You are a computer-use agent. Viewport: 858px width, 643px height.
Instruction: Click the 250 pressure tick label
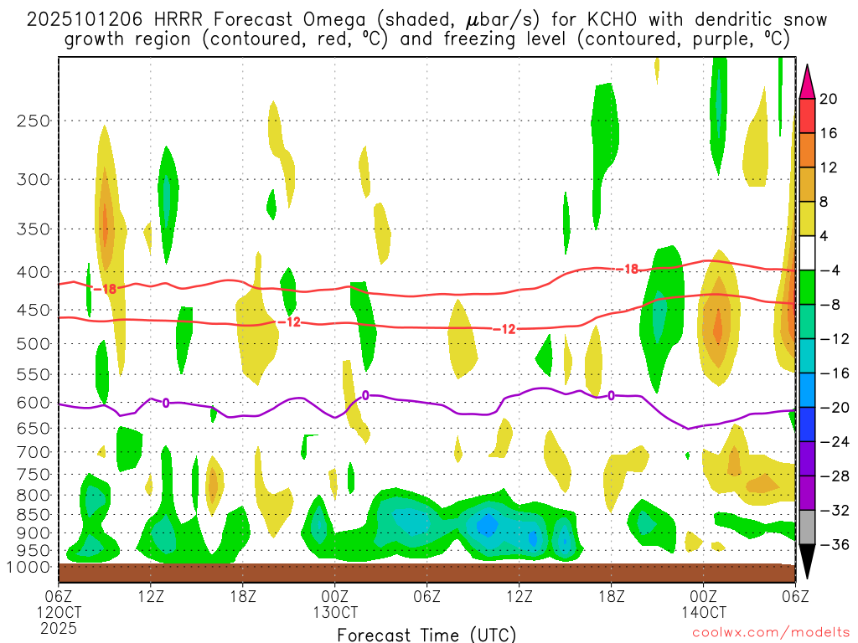coord(33,121)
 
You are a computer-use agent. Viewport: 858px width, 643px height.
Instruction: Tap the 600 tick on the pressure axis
coord(33,403)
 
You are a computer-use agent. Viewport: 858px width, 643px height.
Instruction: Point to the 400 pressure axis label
coord(33,272)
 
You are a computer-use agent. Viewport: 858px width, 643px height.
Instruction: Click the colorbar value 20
coord(829,99)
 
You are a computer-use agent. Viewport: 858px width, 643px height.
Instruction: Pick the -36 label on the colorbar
coord(828,544)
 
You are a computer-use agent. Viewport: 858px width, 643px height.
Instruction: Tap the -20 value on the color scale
coord(828,408)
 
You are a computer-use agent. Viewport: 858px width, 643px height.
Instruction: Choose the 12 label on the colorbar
coord(828,167)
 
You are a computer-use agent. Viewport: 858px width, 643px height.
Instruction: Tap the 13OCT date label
coord(335,611)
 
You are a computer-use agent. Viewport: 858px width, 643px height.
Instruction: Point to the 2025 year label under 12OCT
coord(58,627)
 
